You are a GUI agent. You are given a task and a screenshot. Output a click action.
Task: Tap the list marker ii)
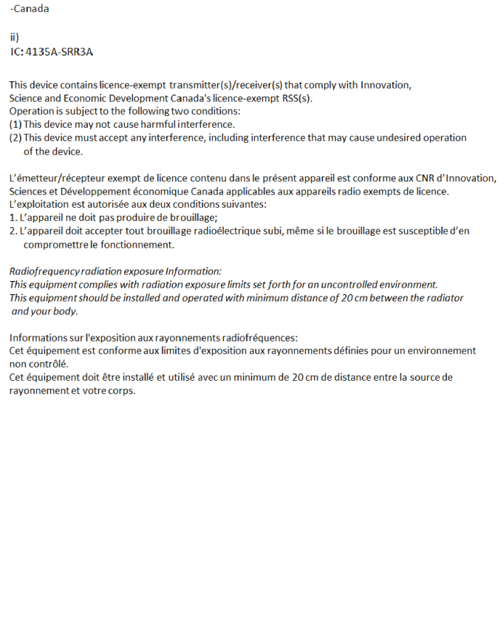tap(14, 37)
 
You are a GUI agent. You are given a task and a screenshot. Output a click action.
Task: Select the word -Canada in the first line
tap(30, 10)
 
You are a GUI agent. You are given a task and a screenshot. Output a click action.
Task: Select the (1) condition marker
tap(15, 124)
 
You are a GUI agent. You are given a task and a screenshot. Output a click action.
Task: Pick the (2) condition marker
tap(15, 138)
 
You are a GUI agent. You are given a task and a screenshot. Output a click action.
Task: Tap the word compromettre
tap(55, 245)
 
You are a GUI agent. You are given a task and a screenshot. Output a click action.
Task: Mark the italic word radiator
tap(444, 298)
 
